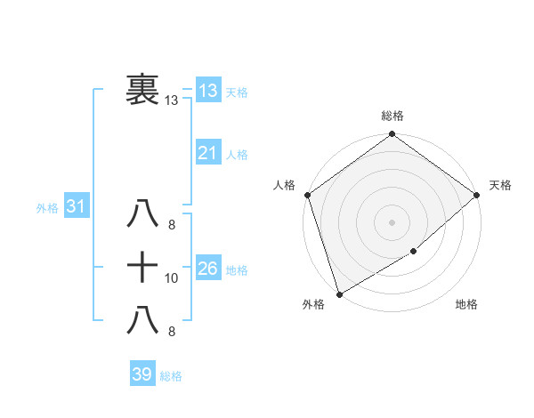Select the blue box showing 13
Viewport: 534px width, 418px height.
(x=207, y=90)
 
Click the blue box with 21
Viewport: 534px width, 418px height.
(x=207, y=153)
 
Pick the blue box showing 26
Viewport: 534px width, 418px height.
(x=207, y=268)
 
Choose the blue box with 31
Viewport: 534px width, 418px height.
(x=76, y=206)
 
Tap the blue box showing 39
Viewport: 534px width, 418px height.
(x=142, y=374)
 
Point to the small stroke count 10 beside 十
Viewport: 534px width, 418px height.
(x=172, y=278)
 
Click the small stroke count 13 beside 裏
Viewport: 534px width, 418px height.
(x=172, y=100)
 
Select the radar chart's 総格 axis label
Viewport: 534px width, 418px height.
(x=392, y=116)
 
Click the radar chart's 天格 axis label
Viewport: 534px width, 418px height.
(x=500, y=185)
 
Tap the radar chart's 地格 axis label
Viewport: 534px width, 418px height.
(x=466, y=305)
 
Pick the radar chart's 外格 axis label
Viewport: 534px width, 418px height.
(x=313, y=305)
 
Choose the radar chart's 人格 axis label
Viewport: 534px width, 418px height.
(x=284, y=185)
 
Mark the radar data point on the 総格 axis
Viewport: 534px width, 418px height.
(x=392, y=135)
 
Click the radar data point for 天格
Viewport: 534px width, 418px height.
(x=477, y=195)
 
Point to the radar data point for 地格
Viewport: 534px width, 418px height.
(x=414, y=252)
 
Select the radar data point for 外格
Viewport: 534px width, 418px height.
(x=339, y=293)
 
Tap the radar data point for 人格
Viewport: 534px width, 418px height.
(x=307, y=195)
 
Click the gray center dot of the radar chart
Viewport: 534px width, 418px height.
(x=392, y=221)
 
